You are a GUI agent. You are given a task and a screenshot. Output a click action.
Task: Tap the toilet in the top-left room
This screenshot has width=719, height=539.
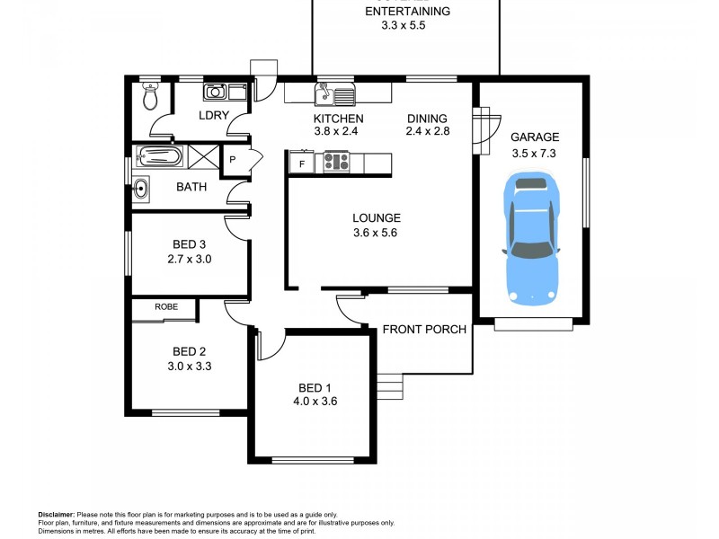click(151, 95)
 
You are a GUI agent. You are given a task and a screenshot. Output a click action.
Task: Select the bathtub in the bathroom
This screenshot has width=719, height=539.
click(159, 157)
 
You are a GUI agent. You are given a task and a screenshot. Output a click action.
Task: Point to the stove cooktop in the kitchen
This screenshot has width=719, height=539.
click(336, 162)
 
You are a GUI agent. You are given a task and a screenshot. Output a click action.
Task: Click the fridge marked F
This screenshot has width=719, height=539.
click(301, 163)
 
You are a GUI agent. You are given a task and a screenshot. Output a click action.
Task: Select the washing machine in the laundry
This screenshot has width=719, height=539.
click(216, 91)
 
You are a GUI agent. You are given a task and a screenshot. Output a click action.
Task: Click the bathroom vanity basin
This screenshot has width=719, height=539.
click(142, 188)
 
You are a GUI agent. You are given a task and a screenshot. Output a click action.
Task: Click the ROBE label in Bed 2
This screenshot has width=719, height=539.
click(165, 307)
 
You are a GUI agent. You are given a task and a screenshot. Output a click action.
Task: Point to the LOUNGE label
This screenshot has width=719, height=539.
click(376, 217)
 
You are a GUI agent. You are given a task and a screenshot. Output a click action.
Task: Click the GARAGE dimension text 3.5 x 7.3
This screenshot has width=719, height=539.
click(535, 153)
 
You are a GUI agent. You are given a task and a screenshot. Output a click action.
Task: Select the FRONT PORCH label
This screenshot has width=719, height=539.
click(424, 330)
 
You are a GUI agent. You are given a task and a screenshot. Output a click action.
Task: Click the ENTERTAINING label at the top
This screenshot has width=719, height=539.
click(407, 12)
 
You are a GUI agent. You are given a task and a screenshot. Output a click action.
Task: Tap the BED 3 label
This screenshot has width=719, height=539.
click(190, 243)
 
